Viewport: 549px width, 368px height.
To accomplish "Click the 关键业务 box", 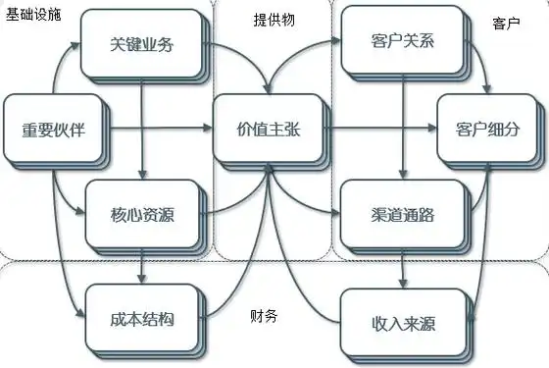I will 143,45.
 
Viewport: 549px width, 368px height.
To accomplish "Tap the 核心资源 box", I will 143,213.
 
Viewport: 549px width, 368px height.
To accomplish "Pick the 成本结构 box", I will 143,318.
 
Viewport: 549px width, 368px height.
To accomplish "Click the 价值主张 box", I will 264,129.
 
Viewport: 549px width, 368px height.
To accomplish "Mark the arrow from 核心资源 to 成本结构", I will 143,264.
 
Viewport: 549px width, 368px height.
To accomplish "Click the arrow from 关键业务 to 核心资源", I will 143,129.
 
